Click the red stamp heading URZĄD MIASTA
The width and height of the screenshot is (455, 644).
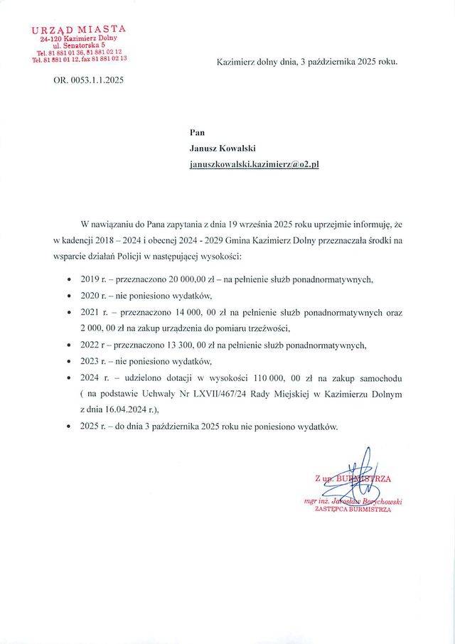[x=79, y=29]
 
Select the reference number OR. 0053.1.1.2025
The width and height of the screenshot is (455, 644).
[x=88, y=80]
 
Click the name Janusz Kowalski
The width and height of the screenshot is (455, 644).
[x=223, y=148]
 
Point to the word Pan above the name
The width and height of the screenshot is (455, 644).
[x=197, y=132]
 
